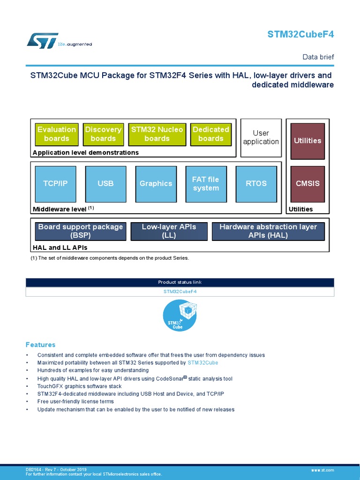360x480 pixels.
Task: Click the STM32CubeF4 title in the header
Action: (x=300, y=34)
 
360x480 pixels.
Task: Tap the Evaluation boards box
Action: (x=56, y=134)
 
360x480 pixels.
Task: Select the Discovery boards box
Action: (x=103, y=134)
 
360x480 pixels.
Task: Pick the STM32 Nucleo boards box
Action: (x=157, y=134)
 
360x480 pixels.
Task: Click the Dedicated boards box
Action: (x=211, y=134)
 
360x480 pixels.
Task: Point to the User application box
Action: (x=261, y=137)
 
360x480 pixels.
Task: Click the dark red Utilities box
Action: (x=307, y=141)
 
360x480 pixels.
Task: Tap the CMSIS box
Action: (x=307, y=183)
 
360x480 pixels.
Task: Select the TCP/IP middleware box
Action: (x=55, y=183)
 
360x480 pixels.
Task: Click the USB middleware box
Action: (x=105, y=183)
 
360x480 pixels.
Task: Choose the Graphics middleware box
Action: (x=156, y=183)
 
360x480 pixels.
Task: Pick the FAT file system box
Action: (x=206, y=183)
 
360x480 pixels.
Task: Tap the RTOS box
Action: (x=256, y=183)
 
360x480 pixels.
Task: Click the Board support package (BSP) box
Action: (x=80, y=231)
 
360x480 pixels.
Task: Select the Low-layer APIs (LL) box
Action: (x=168, y=231)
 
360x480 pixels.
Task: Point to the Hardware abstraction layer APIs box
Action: (x=268, y=231)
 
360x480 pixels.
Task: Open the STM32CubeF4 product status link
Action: (x=180, y=292)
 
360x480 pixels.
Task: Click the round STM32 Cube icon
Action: (x=180, y=316)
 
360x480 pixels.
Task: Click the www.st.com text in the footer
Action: (x=322, y=470)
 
